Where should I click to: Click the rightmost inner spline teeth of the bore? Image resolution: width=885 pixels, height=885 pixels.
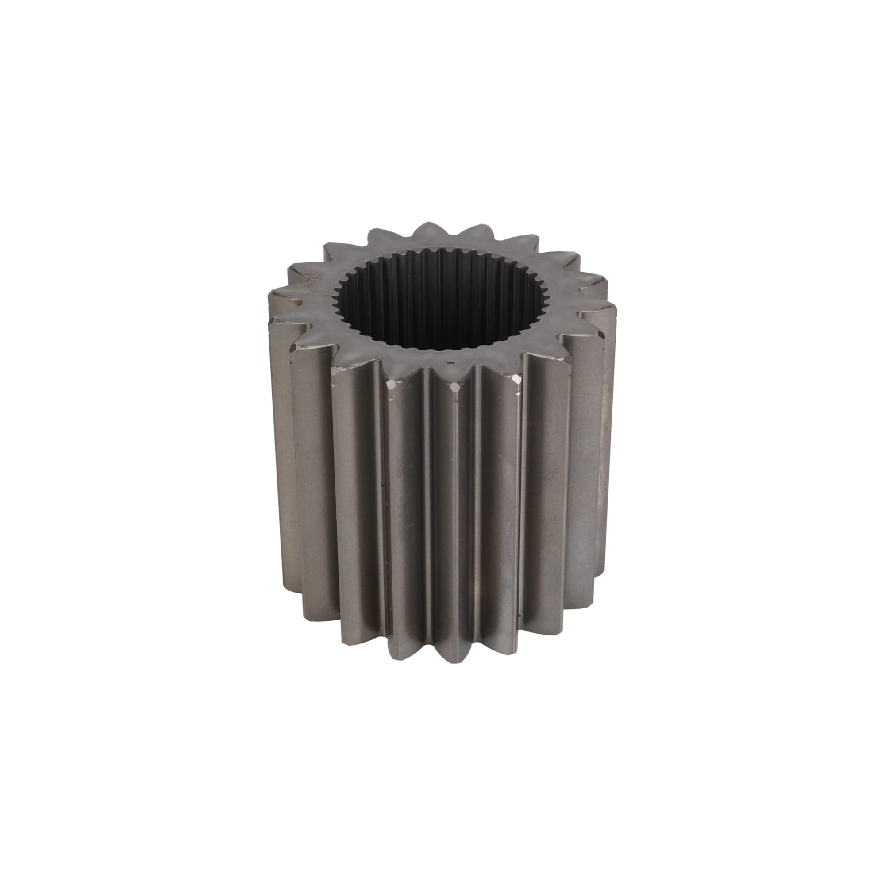click(545, 298)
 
